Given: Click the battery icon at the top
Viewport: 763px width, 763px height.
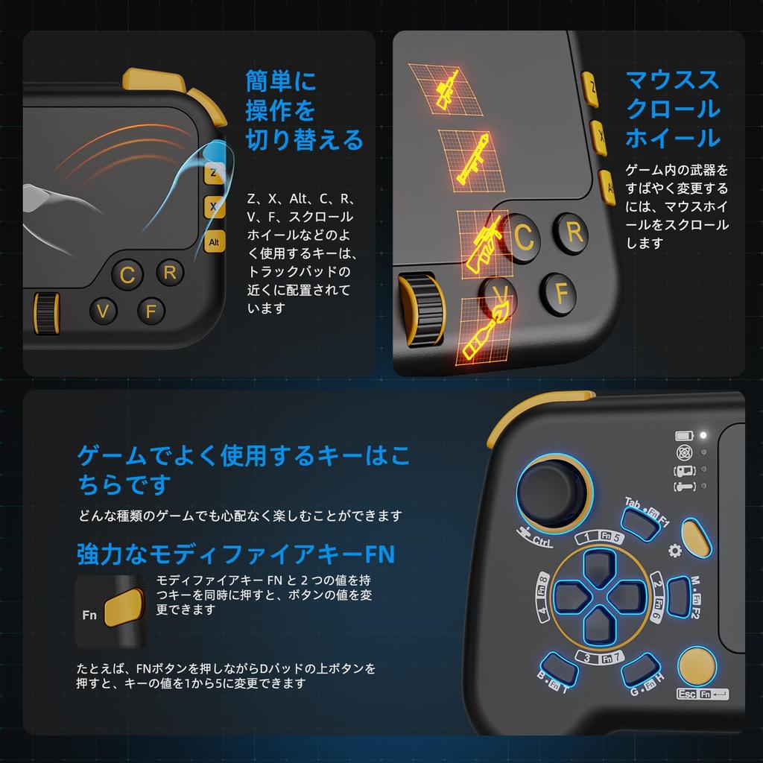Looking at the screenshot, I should [683, 436].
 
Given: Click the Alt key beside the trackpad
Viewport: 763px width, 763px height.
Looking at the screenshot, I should [215, 241].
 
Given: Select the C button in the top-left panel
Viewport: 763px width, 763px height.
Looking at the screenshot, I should [127, 275].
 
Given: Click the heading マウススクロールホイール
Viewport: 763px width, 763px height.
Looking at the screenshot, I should [672, 109].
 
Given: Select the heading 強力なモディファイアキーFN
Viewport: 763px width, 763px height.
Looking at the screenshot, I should [235, 554].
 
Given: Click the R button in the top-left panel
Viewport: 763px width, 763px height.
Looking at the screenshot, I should [170, 272].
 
